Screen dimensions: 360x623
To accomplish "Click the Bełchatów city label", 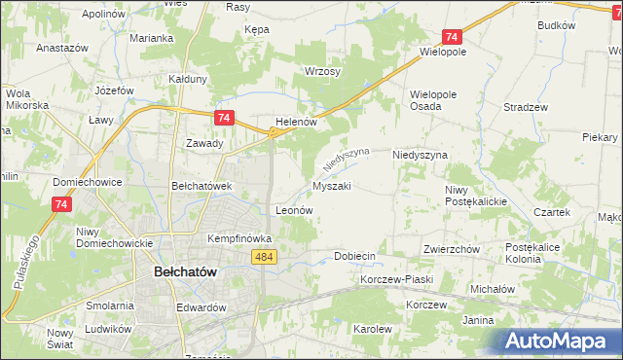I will [191, 273].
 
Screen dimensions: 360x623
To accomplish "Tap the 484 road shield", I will [262, 256].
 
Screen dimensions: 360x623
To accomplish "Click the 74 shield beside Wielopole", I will [451, 35].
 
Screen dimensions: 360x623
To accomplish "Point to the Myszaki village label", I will [331, 185].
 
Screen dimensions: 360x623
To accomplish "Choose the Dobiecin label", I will [354, 256].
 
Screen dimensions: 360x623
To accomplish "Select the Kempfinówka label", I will [238, 237].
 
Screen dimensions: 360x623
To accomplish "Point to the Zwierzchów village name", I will [452, 249].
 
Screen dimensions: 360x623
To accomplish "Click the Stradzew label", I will [526, 107].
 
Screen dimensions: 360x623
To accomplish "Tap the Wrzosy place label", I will [321, 72].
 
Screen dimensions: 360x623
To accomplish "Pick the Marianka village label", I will [152, 38].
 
